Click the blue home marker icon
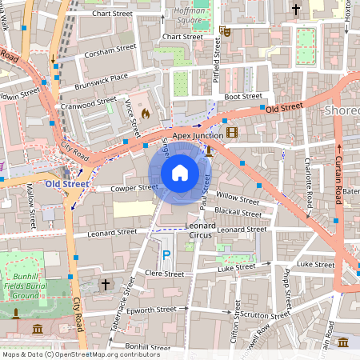(x=180, y=172)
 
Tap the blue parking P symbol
(x=166, y=254)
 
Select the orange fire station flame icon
(x=145, y=114)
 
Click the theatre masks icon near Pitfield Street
(x=225, y=31)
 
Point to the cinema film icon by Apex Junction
(x=231, y=131)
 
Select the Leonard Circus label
(x=201, y=231)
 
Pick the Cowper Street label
(x=134, y=188)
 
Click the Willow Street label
(x=238, y=198)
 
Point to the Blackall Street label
(x=238, y=214)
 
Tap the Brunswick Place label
(x=101, y=78)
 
